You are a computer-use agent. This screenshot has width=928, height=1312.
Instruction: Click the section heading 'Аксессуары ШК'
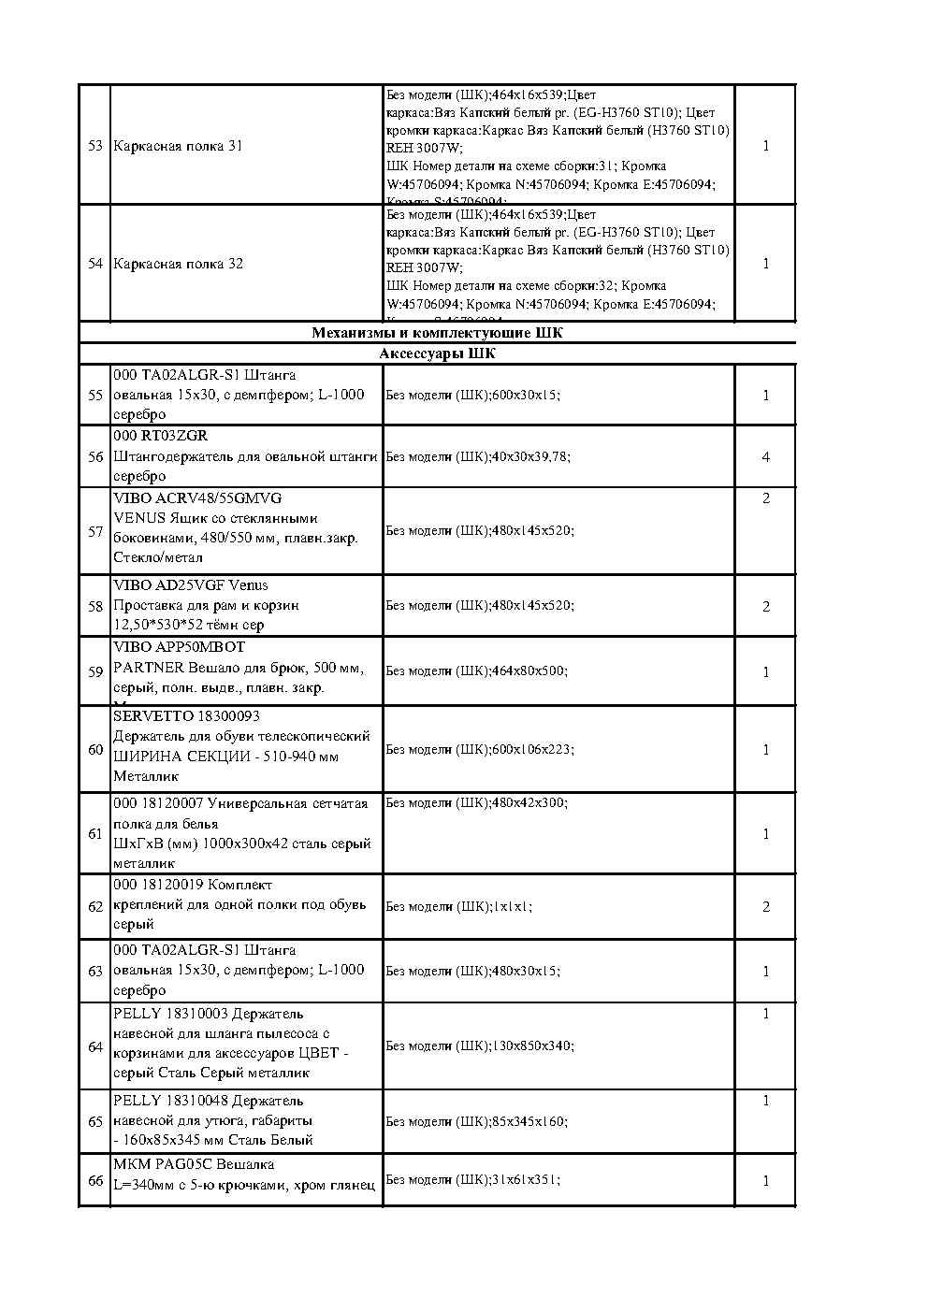(437, 354)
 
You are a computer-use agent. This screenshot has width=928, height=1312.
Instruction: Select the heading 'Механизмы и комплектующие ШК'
(437, 333)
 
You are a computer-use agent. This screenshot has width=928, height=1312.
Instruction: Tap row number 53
(94, 146)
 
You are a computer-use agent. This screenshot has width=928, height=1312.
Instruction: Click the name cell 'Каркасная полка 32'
(178, 264)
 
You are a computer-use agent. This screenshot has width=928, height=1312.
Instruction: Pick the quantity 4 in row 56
(765, 457)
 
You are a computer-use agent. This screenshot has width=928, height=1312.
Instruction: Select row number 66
(94, 1180)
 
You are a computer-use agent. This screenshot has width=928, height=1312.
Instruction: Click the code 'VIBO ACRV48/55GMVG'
(197, 498)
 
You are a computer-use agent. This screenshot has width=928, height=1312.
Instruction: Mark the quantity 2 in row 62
(765, 907)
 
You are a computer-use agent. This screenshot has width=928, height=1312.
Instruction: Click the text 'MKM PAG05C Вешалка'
(194, 1165)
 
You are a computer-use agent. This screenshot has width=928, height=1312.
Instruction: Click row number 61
(94, 833)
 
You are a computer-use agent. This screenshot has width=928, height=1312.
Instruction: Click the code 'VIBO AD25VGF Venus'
(191, 585)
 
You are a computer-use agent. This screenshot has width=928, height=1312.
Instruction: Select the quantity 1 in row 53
(765, 146)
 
